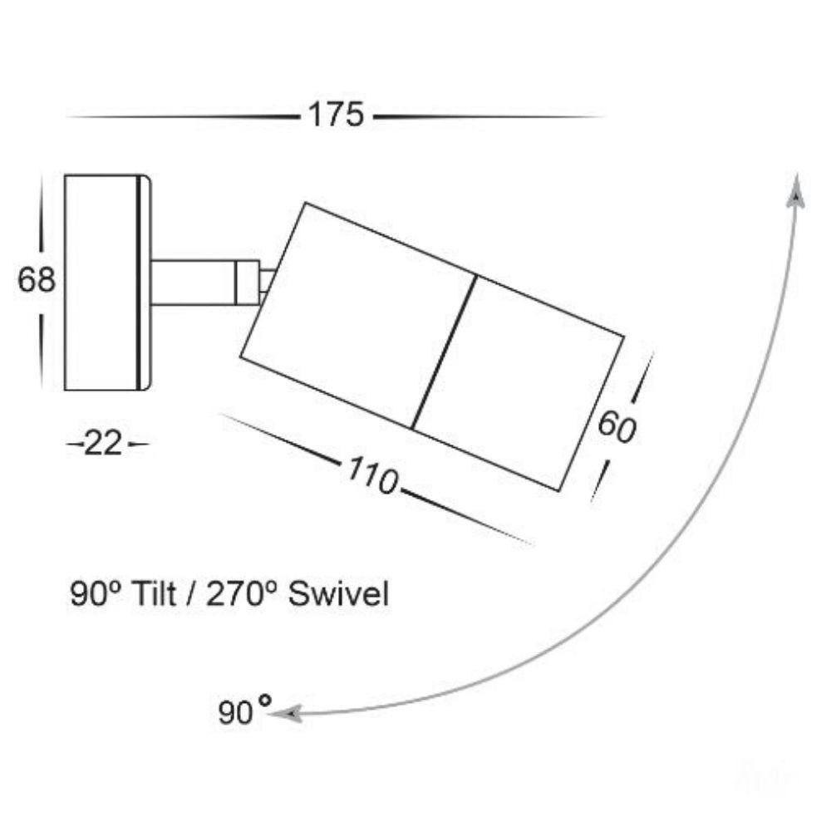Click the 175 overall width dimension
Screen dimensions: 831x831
click(336, 115)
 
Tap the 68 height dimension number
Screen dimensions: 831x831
click(36, 279)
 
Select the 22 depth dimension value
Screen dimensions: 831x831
click(103, 444)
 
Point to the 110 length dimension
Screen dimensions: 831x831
click(372, 475)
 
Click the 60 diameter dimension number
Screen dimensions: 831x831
click(617, 428)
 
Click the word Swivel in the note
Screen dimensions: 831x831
click(338, 593)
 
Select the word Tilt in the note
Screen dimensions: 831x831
click(155, 593)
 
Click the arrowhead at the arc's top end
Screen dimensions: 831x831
click(796, 191)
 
